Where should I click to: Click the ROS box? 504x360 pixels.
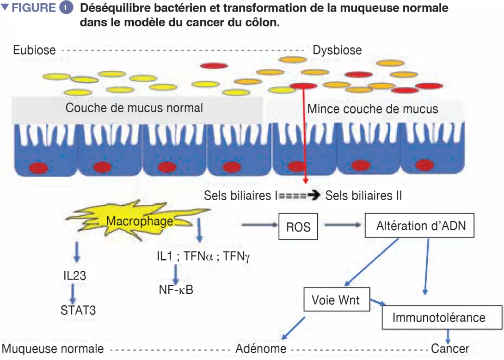click(298, 226)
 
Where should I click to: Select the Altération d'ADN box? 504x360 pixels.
click(421, 226)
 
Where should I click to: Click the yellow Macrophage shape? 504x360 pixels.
click(139, 221)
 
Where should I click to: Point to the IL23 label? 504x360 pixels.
click(75, 275)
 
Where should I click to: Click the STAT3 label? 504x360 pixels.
click(78, 310)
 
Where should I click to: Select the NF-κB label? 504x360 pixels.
click(176, 290)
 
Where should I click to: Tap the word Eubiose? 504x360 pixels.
click(34, 50)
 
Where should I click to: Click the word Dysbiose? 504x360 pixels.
click(338, 50)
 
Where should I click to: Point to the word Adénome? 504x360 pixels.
click(261, 348)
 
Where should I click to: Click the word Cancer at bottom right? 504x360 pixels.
click(450, 348)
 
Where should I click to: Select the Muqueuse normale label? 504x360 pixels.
click(53, 348)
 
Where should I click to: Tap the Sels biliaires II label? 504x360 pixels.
click(363, 195)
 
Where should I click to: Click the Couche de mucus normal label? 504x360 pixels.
click(134, 108)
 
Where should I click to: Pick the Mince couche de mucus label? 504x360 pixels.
click(373, 109)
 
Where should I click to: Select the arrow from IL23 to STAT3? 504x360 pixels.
click(73, 293)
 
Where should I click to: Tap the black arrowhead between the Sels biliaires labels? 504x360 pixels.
click(315, 195)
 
